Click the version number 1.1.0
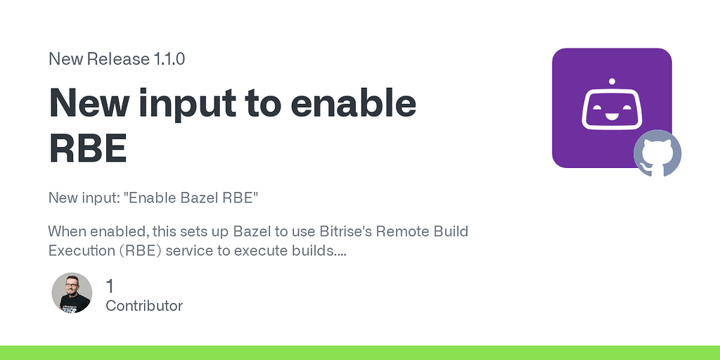coord(169,59)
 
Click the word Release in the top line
coord(117,59)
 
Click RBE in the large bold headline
coord(88,148)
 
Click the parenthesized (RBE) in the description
coord(143,250)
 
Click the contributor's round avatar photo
coord(72,293)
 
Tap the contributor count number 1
coord(110,286)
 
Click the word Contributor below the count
coord(144,306)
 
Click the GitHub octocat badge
coord(657,153)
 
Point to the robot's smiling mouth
coord(612,115)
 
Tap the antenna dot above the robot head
coord(612,81)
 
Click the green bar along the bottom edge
coord(360,352)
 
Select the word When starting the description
coord(67,231)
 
